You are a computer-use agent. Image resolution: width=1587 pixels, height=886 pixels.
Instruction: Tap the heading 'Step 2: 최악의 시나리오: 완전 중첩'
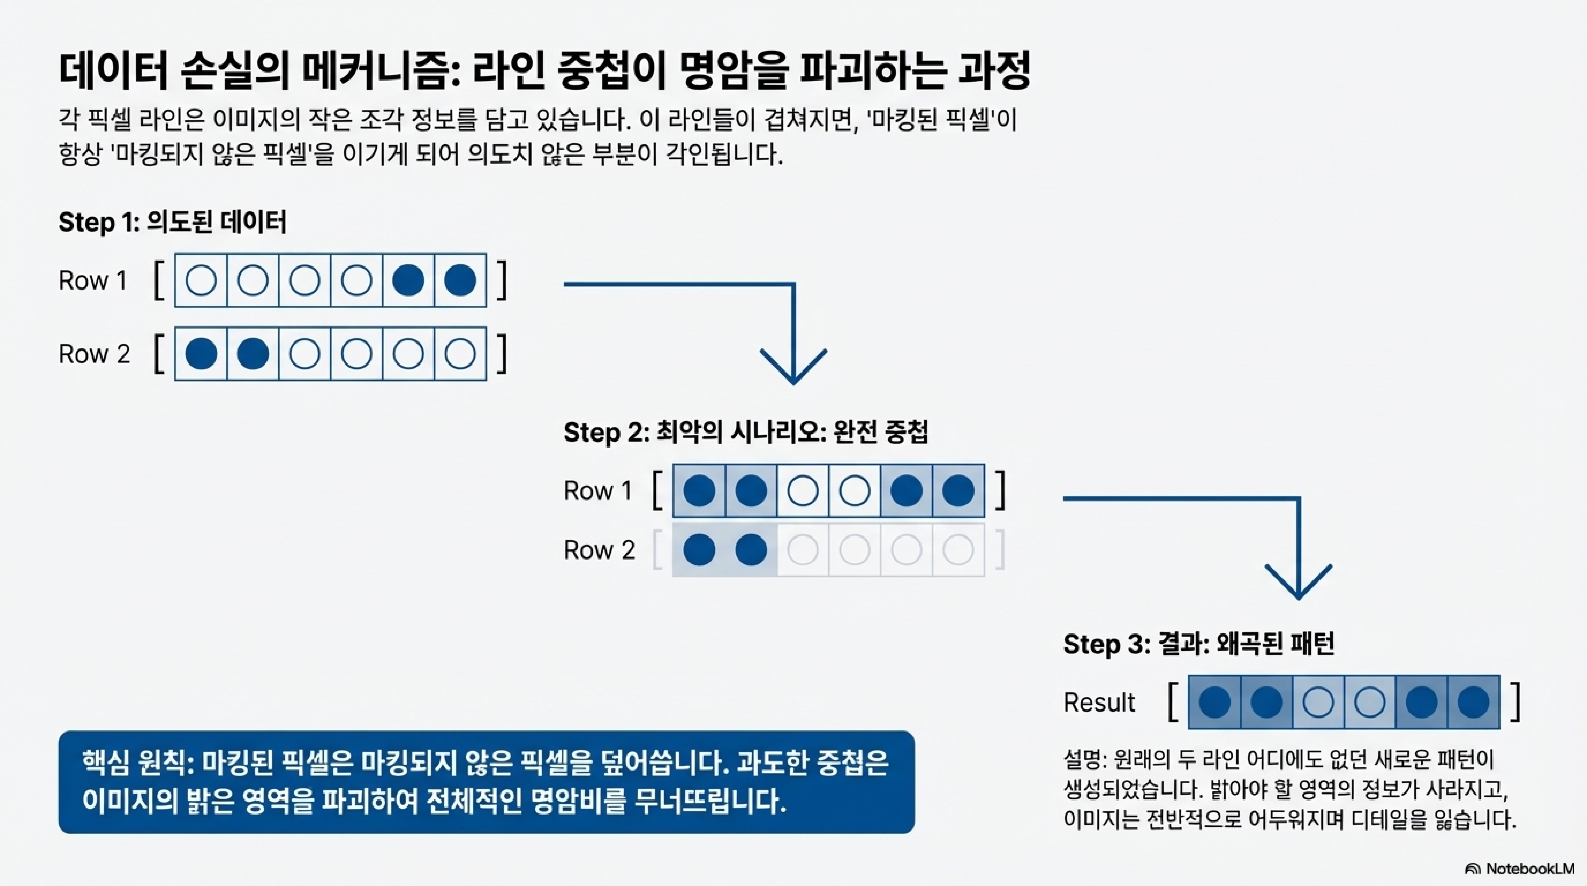point(745,432)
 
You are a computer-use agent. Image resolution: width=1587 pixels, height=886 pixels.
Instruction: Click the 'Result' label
point(1099,702)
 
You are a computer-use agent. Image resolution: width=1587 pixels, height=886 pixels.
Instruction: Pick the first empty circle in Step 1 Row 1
point(201,280)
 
